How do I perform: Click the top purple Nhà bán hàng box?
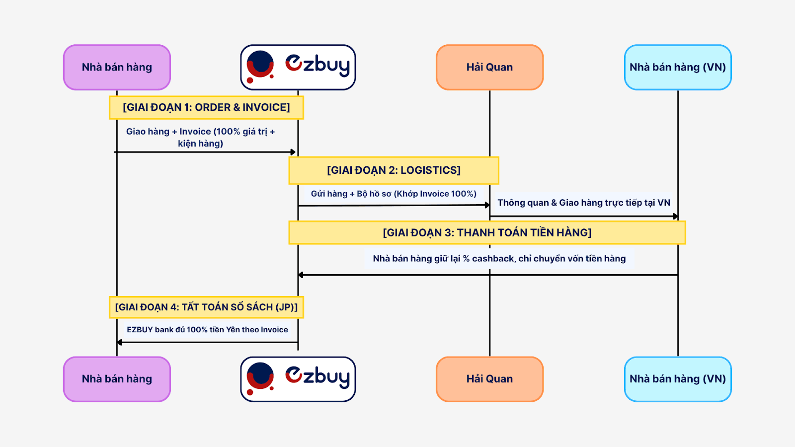[x=117, y=68]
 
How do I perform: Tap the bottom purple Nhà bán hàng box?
[x=117, y=379]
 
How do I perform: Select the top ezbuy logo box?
[x=298, y=68]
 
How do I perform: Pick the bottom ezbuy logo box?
[x=298, y=379]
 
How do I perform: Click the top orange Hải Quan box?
[x=489, y=68]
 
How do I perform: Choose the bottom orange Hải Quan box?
[x=489, y=379]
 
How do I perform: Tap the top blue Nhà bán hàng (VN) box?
[x=678, y=68]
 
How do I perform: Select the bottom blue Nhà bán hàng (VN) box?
[x=678, y=379]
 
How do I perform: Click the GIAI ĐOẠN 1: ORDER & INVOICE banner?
[x=206, y=107]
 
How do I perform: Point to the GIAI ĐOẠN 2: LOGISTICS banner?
[x=394, y=170]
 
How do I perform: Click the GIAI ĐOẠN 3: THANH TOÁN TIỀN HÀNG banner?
[x=487, y=232]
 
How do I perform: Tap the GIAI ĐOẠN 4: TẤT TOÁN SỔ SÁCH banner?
[x=206, y=307]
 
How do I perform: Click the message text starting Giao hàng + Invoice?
[x=200, y=137]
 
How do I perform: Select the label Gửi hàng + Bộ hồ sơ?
[x=394, y=194]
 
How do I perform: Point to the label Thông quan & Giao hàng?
[x=584, y=203]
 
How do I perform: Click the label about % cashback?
[x=499, y=259]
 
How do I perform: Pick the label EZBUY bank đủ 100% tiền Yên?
[x=207, y=330]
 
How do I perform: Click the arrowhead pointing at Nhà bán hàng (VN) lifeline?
[x=675, y=216]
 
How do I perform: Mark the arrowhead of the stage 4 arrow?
[x=120, y=342]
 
